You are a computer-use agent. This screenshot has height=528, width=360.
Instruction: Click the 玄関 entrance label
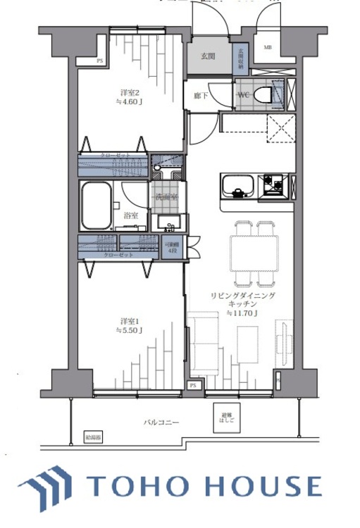click(207, 57)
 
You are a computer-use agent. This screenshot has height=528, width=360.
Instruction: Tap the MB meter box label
click(267, 48)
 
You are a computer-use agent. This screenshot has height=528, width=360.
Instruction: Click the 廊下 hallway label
click(200, 94)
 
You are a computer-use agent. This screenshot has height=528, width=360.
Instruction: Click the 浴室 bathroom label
click(130, 215)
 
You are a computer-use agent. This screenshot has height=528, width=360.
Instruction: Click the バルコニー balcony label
click(161, 423)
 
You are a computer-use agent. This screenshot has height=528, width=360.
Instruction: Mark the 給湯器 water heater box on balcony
click(93, 436)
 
